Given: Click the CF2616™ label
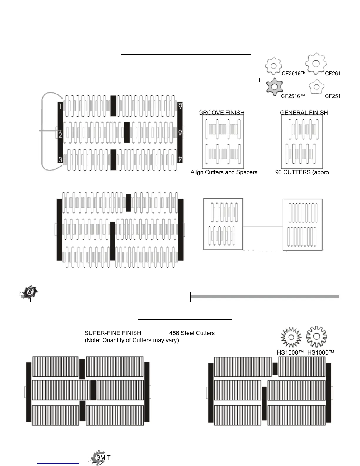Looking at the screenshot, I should pyautogui.click(x=294, y=74).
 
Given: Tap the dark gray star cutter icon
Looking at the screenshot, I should pyautogui.click(x=274, y=87).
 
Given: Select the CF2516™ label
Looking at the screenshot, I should pyautogui.click(x=293, y=96).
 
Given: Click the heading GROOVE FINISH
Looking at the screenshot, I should pyautogui.click(x=221, y=113).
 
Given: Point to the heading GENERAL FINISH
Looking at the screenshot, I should pyautogui.click(x=304, y=113).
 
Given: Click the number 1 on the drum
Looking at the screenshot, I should pyautogui.click(x=60, y=106).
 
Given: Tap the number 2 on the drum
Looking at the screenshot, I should pyautogui.click(x=60, y=135).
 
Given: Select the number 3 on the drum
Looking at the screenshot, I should pyautogui.click(x=60, y=159).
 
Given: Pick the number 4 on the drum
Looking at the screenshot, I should pyautogui.click(x=180, y=159).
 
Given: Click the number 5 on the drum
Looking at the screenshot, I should pyautogui.click(x=180, y=133).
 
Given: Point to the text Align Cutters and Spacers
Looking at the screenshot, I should pyautogui.click(x=224, y=172).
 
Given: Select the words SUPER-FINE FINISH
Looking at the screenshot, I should pyautogui.click(x=113, y=333).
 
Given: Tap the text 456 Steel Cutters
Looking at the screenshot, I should pyautogui.click(x=192, y=333).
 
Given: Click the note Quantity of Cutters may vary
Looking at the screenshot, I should pyautogui.click(x=132, y=340).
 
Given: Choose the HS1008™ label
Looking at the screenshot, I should pyautogui.click(x=290, y=352).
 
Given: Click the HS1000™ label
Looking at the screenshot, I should pyautogui.click(x=321, y=352).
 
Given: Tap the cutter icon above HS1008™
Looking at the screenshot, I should pyautogui.click(x=291, y=337).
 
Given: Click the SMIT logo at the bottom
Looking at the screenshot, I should pyautogui.click(x=100, y=457).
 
